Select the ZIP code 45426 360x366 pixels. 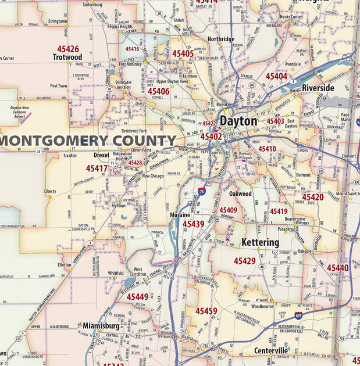(x=68, y=49)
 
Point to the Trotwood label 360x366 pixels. (x=67, y=58)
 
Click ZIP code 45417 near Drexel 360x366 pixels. (x=97, y=168)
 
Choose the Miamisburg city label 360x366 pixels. (x=101, y=326)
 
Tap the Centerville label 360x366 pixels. (x=271, y=351)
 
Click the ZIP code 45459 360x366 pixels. (x=206, y=311)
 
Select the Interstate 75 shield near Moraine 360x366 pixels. (x=201, y=191)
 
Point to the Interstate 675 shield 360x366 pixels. (x=298, y=316)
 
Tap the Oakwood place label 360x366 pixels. (x=240, y=193)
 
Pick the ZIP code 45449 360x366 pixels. (x=137, y=297)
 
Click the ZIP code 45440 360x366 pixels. (x=337, y=268)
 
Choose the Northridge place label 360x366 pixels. (x=221, y=40)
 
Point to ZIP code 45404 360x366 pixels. (x=276, y=76)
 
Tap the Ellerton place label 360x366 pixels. (x=65, y=264)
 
